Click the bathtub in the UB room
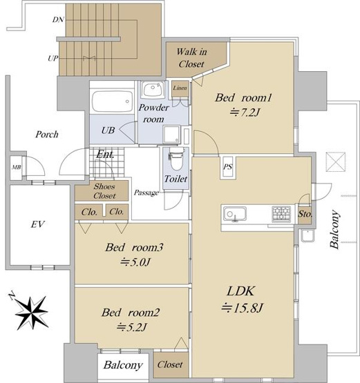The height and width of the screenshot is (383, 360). point(113,101)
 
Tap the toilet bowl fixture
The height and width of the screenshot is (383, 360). point(177,159)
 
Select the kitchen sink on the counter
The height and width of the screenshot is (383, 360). point(235,213)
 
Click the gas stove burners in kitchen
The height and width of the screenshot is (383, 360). point(282,214)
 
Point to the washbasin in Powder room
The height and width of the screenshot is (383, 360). point(153,89)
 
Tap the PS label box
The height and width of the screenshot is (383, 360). point(228,167)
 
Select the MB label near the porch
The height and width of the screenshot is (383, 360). point(17,167)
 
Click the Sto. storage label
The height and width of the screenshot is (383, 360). point(305,214)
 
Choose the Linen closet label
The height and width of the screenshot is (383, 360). point(180,88)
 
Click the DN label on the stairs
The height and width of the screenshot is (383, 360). point(58,19)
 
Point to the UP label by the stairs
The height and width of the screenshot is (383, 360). point(53,59)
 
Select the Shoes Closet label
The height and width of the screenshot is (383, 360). point(104,191)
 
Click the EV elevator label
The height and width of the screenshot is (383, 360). point(38,224)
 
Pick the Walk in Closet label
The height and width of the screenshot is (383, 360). point(191,58)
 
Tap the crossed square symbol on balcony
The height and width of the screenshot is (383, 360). point(336,162)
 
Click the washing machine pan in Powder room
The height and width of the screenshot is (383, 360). point(172,134)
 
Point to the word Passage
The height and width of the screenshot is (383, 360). point(146,193)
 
